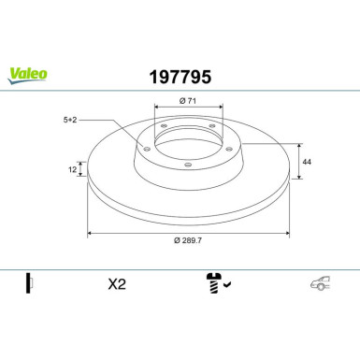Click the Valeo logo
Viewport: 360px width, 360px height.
[28, 76]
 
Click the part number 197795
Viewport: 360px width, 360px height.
[180, 77]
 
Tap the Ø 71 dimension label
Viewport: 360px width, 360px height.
[188, 101]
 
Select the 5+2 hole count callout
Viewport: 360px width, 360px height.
[70, 120]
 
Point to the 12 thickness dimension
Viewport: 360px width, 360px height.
[72, 169]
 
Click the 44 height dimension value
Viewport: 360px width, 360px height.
[307, 162]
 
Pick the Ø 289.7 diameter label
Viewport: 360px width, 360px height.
[188, 240]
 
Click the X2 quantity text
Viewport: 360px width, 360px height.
[117, 284]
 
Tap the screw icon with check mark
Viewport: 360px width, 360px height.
[218, 283]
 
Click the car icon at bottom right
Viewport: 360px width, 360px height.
[320, 283]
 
